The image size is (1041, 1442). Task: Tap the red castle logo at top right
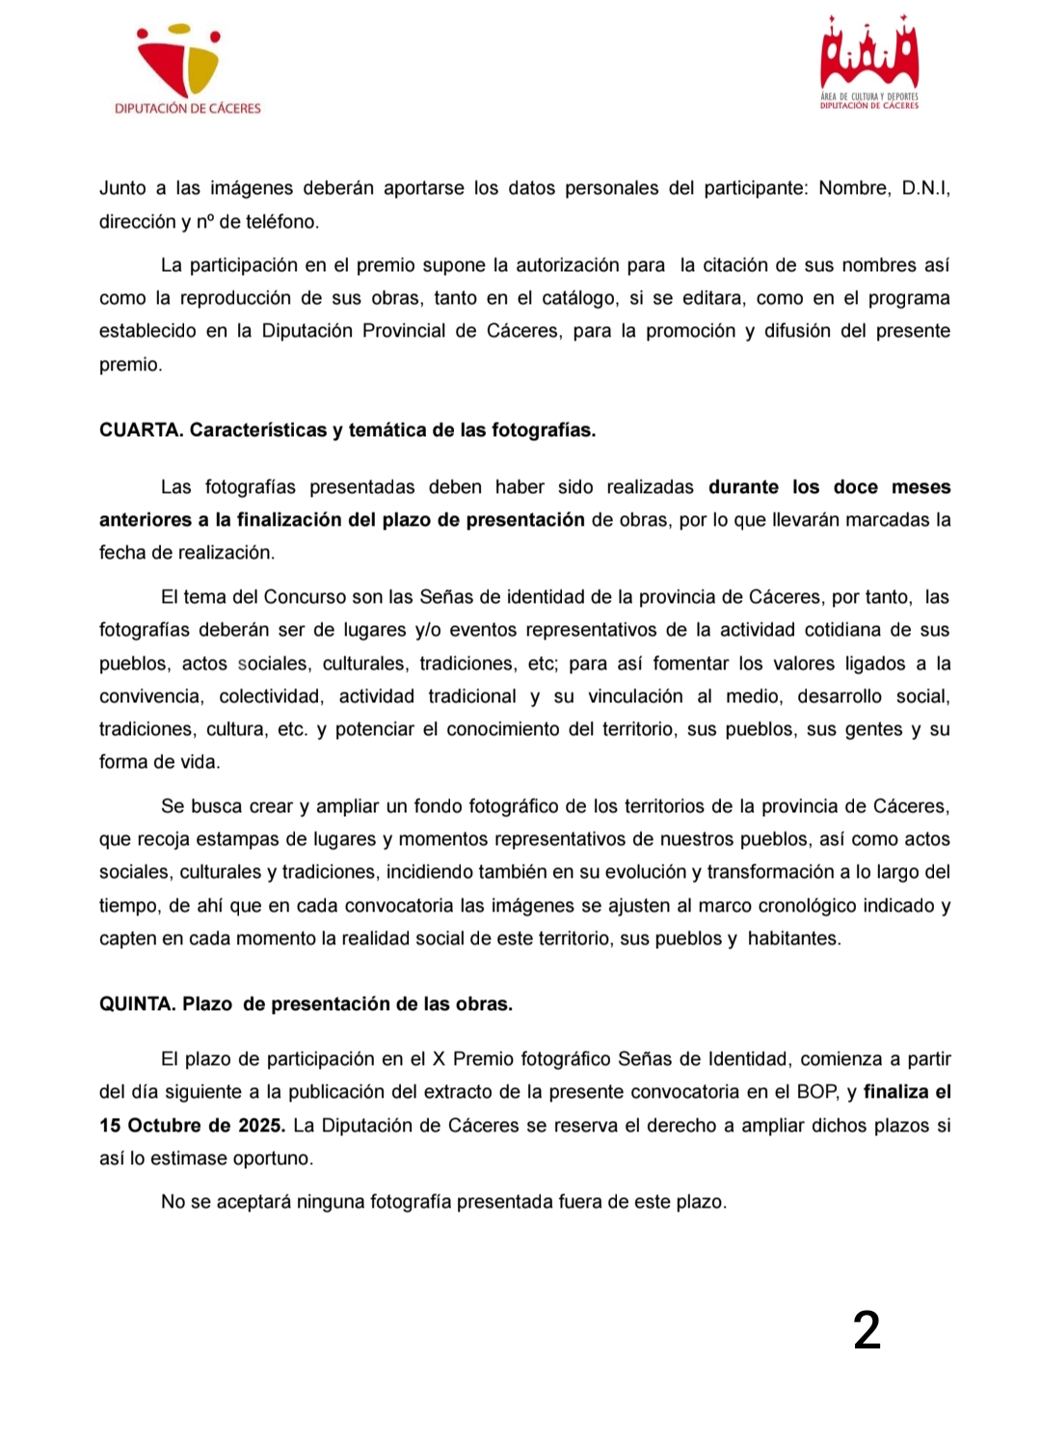click(868, 56)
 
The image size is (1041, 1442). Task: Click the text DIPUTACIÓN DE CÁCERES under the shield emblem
click(188, 109)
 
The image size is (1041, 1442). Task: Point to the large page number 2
click(867, 1330)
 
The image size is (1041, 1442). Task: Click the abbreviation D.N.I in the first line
click(923, 188)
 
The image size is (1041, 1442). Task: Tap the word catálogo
click(578, 298)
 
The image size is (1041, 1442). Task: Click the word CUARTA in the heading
click(140, 430)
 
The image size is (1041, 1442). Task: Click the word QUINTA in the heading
click(137, 1004)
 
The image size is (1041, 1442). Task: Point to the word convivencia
click(151, 696)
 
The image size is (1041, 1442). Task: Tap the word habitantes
click(793, 939)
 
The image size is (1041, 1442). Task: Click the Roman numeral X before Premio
click(439, 1059)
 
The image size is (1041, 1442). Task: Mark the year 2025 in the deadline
click(260, 1126)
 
